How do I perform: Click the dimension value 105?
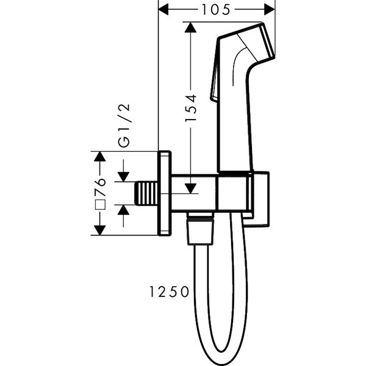pos(217,9)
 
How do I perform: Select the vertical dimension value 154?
pos(190,107)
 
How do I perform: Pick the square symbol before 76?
pos(101,204)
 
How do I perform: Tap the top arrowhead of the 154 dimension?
pos(190,27)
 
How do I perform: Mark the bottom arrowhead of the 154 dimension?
pos(190,188)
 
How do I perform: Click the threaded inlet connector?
pos(146,193)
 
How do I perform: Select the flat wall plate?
pos(165,193)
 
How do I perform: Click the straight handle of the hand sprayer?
pos(235,122)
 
